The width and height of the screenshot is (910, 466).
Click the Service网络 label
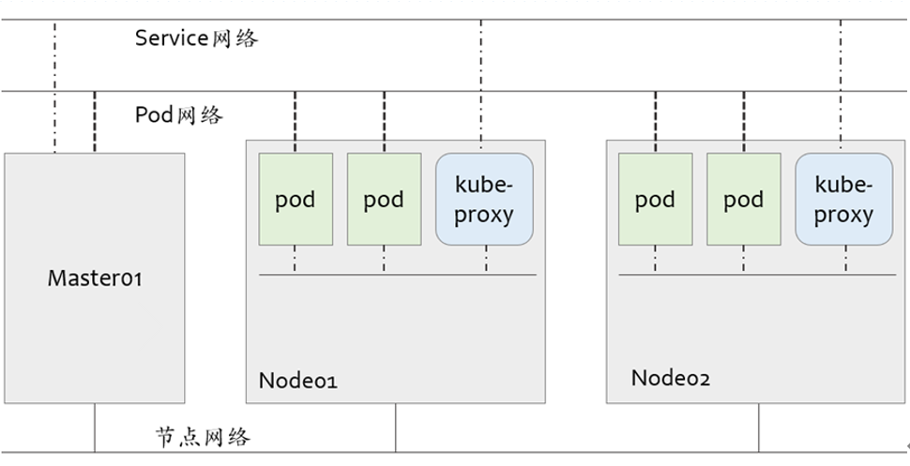[196, 38]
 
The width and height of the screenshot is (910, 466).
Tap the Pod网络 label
[179, 115]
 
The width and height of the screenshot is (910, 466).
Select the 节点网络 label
[203, 436]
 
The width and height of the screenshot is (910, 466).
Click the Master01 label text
[95, 278]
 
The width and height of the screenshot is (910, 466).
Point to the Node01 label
[297, 381]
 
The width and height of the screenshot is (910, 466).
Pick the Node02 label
[670, 378]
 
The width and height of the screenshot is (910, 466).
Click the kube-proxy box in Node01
[484, 200]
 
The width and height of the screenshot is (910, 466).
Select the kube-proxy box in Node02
[843, 200]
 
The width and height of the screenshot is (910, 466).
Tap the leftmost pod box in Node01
[295, 200]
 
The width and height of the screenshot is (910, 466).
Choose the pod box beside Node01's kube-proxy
[384, 200]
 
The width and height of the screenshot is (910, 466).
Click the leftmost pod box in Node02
[655, 200]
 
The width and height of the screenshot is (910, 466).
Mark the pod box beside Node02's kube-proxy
[744, 200]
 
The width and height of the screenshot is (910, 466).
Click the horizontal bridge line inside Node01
[398, 275]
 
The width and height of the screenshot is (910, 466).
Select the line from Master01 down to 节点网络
[95, 428]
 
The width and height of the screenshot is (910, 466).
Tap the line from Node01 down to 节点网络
[396, 428]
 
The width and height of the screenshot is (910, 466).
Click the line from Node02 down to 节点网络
[759, 428]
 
